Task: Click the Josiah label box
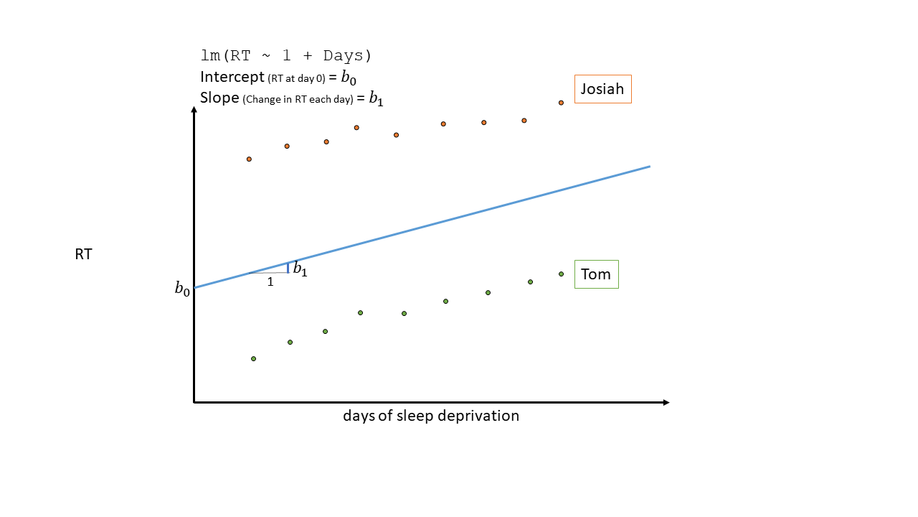pyautogui.click(x=602, y=89)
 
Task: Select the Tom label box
pyautogui.click(x=596, y=274)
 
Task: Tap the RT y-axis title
pyautogui.click(x=83, y=254)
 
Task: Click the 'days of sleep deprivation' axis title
pyautogui.click(x=430, y=416)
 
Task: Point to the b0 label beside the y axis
pyautogui.click(x=182, y=289)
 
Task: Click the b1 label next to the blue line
pyautogui.click(x=300, y=271)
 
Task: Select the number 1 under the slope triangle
pyautogui.click(x=270, y=282)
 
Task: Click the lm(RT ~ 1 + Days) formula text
pyautogui.click(x=286, y=56)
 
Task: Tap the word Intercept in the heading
pyautogui.click(x=232, y=77)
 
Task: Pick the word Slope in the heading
pyautogui.click(x=219, y=98)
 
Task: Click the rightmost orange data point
pyautogui.click(x=561, y=103)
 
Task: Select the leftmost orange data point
pyautogui.click(x=249, y=159)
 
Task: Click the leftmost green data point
pyautogui.click(x=253, y=358)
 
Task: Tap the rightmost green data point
pyautogui.click(x=561, y=274)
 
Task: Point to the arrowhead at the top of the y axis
pyautogui.click(x=194, y=110)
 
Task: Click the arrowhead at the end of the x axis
pyautogui.click(x=666, y=402)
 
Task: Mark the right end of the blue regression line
pyautogui.click(x=649, y=167)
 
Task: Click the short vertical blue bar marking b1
pyautogui.click(x=288, y=268)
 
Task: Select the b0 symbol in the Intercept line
pyautogui.click(x=348, y=78)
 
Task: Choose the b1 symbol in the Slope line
pyautogui.click(x=376, y=99)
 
